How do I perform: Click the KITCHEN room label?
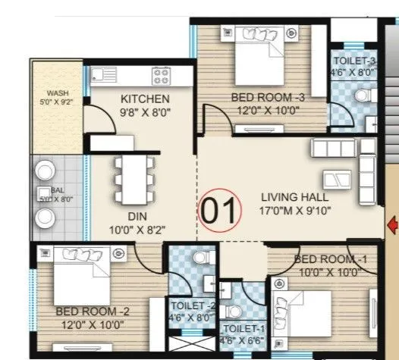pyautogui.click(x=145, y=99)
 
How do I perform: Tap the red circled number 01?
pyautogui.click(x=219, y=210)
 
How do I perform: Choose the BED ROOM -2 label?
pyautogui.click(x=88, y=311)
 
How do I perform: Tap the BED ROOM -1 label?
pyautogui.click(x=330, y=259)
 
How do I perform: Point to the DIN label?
pyautogui.click(x=137, y=216)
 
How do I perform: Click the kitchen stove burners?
pyautogui.click(x=162, y=75)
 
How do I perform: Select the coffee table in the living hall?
pyautogui.click(x=335, y=179)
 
